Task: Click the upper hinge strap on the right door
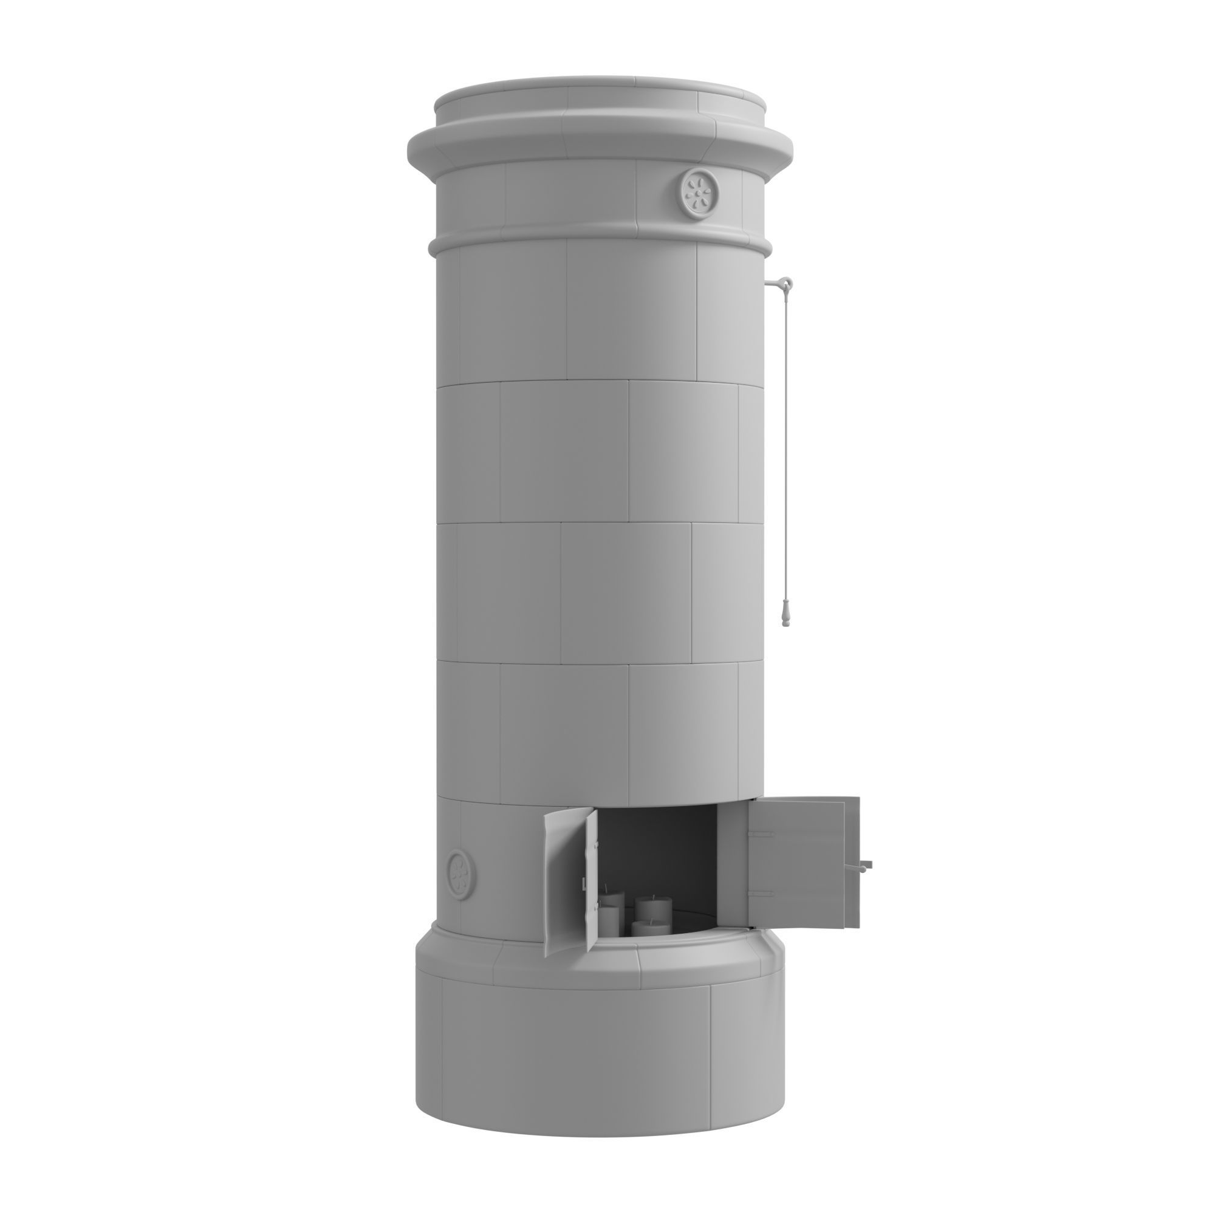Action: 763,835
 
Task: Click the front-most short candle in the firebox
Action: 648,930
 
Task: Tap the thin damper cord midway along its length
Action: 785,440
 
